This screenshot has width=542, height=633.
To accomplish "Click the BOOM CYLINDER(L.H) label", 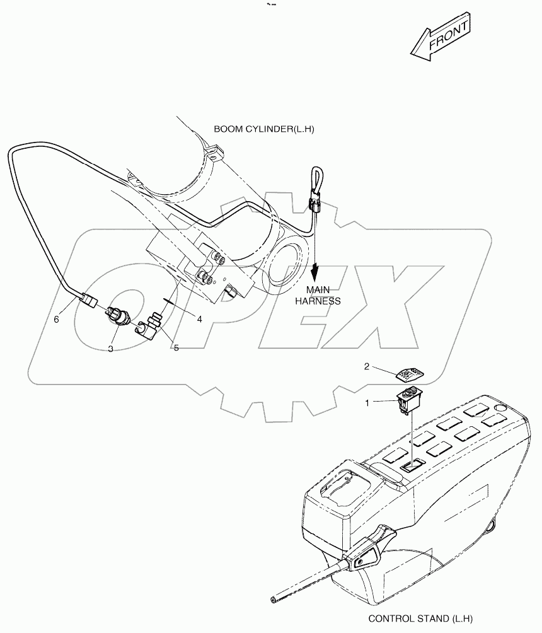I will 263,129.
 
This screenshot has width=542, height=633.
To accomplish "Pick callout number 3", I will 110,348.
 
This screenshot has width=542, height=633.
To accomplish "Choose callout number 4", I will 199,320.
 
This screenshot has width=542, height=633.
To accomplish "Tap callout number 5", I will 176,347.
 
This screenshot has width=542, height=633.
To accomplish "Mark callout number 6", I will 56,320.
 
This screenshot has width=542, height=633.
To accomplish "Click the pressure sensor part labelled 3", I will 118,316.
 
